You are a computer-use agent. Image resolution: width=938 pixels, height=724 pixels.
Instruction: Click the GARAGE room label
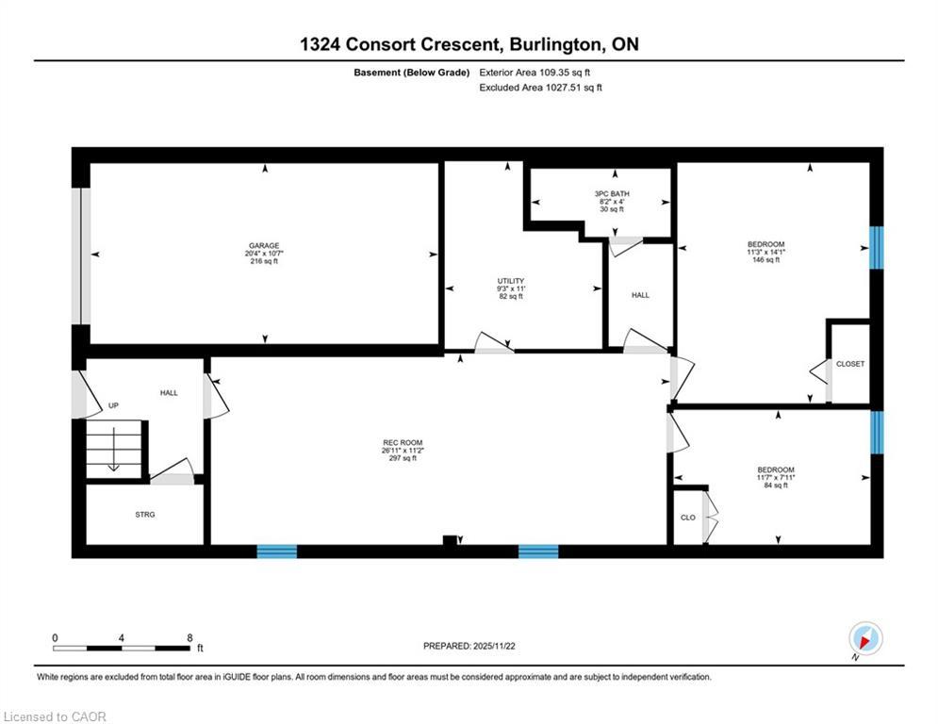coord(264,245)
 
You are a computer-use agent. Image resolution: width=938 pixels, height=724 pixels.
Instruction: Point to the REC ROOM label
coord(403,442)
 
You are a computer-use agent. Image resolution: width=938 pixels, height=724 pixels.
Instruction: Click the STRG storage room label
coord(144,514)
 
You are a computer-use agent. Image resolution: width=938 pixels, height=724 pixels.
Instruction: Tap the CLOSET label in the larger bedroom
coord(849,364)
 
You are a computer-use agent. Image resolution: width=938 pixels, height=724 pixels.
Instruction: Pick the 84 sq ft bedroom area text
coord(776,486)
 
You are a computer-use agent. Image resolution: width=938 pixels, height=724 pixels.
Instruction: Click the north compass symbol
coord(864,638)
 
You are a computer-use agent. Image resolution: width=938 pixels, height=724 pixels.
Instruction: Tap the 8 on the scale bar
coord(189,637)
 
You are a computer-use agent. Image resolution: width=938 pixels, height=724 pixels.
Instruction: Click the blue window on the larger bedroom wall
coord(877,247)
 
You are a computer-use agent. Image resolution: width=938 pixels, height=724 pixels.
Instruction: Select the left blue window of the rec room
coord(277,551)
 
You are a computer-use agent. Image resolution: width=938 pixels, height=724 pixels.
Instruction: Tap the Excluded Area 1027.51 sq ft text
coord(540,87)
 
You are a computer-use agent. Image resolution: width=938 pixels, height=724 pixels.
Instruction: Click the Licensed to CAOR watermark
coord(56,716)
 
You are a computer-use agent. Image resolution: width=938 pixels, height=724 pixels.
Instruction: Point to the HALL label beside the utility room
coord(640,295)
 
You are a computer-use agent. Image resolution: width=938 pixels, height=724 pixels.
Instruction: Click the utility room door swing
coord(493,343)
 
